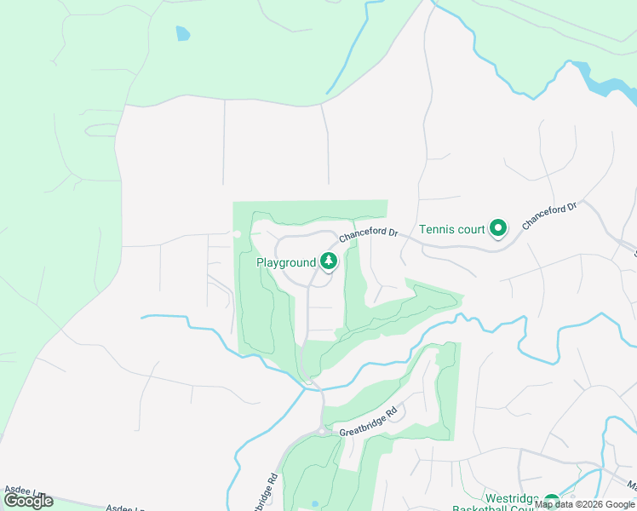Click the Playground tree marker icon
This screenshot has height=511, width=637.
(328, 262)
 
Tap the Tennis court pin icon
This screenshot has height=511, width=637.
(498, 227)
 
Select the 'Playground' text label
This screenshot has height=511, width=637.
(286, 263)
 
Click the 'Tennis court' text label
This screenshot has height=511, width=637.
(451, 229)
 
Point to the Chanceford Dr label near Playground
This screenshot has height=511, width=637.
(369, 233)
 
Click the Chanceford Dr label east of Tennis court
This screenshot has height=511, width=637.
(550, 215)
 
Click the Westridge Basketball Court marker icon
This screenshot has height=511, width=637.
(551, 502)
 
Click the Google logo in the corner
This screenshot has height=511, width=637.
(28, 501)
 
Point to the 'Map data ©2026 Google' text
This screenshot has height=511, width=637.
(585, 504)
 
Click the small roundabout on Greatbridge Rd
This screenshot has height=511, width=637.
(322, 432)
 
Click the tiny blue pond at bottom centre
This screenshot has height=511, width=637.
(315, 504)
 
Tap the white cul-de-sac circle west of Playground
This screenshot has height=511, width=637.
(237, 233)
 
